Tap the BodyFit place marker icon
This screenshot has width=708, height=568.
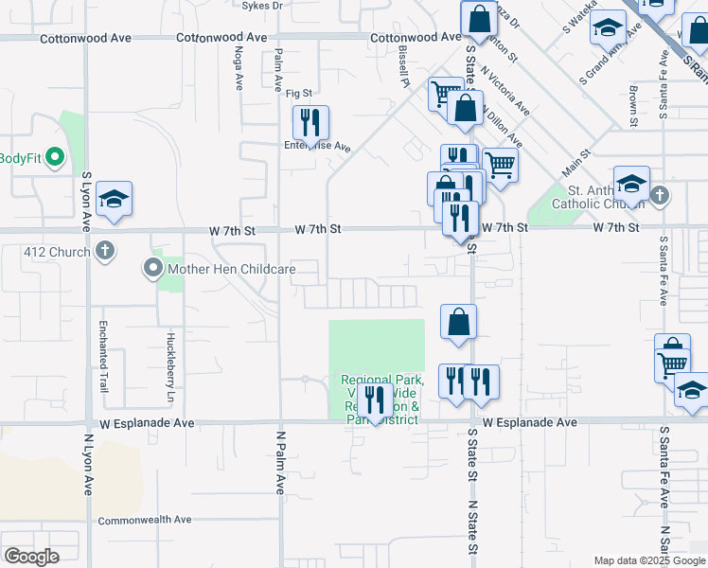click(x=54, y=157)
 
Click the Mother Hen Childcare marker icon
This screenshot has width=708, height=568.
click(x=153, y=269)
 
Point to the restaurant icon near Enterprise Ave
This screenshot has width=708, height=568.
click(x=310, y=123)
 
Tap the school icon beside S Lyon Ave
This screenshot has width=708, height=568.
click(x=114, y=199)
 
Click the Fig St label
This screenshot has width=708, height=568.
click(x=299, y=93)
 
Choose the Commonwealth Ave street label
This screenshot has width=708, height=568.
click(x=145, y=520)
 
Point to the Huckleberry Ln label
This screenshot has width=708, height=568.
click(x=171, y=351)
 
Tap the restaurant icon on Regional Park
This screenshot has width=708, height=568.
click(x=375, y=400)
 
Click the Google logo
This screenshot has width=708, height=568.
click(x=31, y=557)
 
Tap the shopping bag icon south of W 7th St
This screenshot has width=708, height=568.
click(x=458, y=322)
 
